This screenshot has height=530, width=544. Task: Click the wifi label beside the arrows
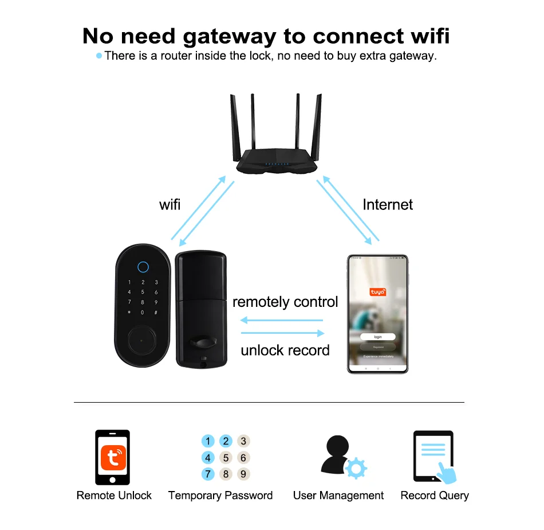pyautogui.click(x=169, y=205)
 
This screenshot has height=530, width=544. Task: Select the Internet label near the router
pyautogui.click(x=388, y=205)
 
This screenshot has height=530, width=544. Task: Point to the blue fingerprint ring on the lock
pyautogui.click(x=143, y=267)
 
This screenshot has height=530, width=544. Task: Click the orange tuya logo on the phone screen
pyautogui.click(x=378, y=292)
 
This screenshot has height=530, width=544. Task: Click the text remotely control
pyautogui.click(x=285, y=302)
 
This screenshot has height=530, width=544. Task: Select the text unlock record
pyautogui.click(x=285, y=350)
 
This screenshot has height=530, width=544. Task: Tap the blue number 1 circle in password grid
pyautogui.click(x=208, y=441)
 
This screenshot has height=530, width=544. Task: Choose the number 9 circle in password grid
pyautogui.click(x=243, y=474)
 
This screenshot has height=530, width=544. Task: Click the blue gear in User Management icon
pyautogui.click(x=357, y=468)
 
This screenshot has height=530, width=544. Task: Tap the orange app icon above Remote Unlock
pyautogui.click(x=112, y=458)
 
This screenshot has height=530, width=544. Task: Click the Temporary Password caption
pyautogui.click(x=220, y=496)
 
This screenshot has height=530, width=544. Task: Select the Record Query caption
pyautogui.click(x=435, y=496)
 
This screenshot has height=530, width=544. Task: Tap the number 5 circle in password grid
pyautogui.click(x=226, y=458)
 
